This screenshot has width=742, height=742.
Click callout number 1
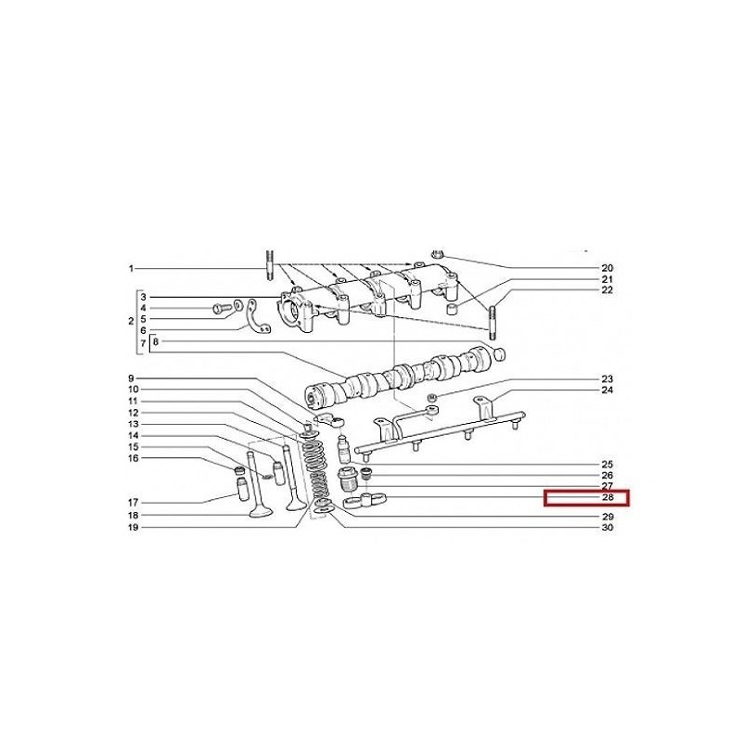(131, 269)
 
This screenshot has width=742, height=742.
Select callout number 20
(608, 268)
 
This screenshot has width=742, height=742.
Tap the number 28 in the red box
(608, 498)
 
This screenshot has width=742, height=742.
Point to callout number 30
(608, 527)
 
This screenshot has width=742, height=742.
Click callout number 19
(133, 527)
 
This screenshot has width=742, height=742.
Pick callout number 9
(131, 378)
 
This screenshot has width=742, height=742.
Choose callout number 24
(608, 390)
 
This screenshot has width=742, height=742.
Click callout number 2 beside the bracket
(131, 321)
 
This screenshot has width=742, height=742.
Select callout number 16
(133, 458)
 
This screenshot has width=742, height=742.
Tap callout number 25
(608, 465)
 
